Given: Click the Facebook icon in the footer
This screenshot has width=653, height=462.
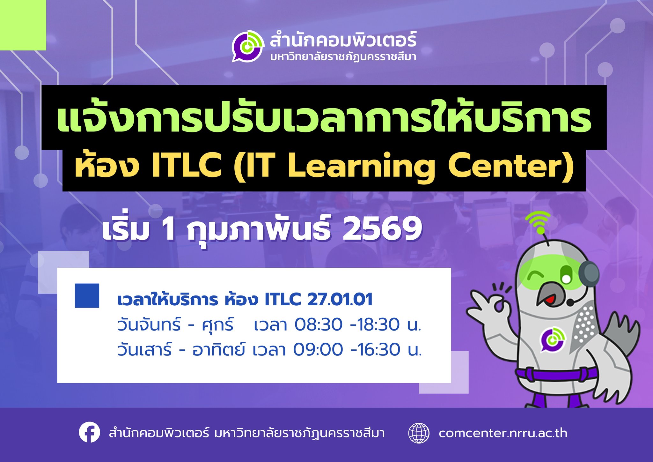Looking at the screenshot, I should click(x=89, y=433).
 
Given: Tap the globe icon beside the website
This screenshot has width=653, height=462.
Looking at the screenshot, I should click(x=419, y=433).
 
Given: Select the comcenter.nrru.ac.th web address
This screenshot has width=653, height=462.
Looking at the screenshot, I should click(x=503, y=433).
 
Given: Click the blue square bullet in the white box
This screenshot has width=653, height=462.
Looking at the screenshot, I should click(x=87, y=295).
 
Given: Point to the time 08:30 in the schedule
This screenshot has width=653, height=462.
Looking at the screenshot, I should click(x=318, y=324).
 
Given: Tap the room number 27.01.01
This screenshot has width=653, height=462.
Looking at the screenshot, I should click(x=340, y=300).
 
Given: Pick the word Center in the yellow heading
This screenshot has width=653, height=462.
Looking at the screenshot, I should click(x=507, y=166).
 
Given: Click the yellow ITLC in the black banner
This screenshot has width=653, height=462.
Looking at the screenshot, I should click(x=187, y=166).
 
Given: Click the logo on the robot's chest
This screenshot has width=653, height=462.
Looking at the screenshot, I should click(x=552, y=339).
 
